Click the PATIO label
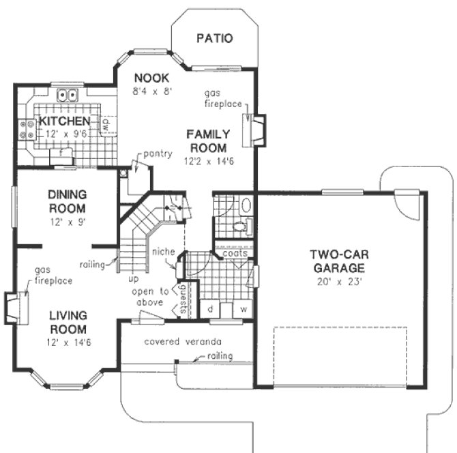click(214, 38)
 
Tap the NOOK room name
click(151, 77)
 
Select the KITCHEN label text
click(64, 121)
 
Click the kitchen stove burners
click(27, 130)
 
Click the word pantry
click(158, 154)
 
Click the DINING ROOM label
click(67, 201)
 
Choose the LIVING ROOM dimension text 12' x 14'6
click(67, 334)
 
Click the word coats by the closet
click(235, 252)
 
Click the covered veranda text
click(183, 341)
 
